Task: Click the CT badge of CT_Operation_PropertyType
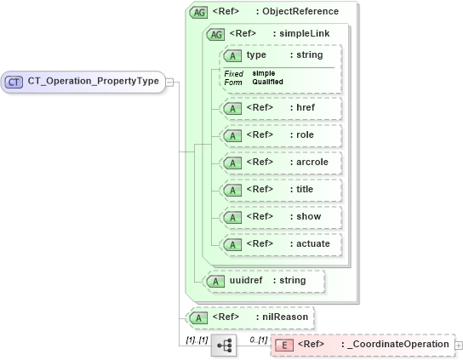tap(14, 82)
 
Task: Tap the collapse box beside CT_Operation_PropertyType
tap(169, 82)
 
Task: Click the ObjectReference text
tap(300, 12)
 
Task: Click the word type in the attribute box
tap(256, 55)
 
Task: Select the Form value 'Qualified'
tap(268, 82)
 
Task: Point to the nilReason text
tap(284, 317)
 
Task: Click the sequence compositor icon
tap(224, 345)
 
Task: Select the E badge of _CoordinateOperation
tap(283, 345)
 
